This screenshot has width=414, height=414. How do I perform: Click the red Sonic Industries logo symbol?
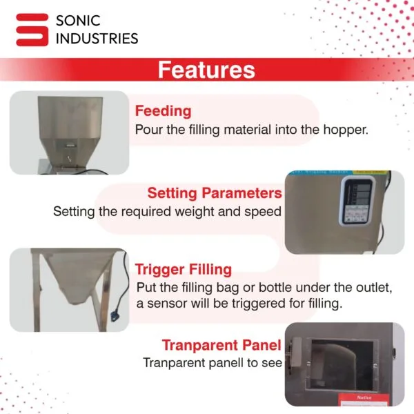point(32,30)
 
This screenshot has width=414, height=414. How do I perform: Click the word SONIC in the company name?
point(78,21)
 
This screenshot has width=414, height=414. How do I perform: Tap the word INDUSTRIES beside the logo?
point(97,39)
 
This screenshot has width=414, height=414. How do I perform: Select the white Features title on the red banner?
point(206,70)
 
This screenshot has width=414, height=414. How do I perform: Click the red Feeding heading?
point(163,111)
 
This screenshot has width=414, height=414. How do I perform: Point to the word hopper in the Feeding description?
point(346,130)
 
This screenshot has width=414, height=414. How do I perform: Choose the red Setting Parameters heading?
point(215,193)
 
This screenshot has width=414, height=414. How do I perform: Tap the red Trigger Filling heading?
point(184,270)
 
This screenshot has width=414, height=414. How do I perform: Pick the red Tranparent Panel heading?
point(221,346)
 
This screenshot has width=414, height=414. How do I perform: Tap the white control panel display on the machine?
point(357,201)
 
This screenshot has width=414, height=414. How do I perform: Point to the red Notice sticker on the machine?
point(364,400)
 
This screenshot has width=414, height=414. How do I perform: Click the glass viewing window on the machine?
point(342,364)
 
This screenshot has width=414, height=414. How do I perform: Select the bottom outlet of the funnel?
point(77,300)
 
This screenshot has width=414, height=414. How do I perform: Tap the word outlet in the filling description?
point(373,288)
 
